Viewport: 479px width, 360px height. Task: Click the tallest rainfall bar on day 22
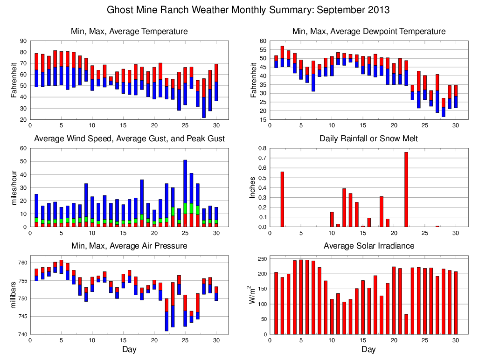coord(406,189)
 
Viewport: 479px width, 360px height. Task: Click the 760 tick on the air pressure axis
coord(21,263)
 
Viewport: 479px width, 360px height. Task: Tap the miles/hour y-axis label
coord(14,187)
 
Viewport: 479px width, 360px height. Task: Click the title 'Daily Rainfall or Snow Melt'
coord(368,138)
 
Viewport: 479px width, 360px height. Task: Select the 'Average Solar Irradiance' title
coord(368,246)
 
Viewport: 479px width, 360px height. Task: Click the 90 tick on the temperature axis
coord(23,41)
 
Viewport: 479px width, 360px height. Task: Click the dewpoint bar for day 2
coord(282,56)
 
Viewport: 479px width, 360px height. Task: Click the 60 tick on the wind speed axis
coord(23,148)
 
